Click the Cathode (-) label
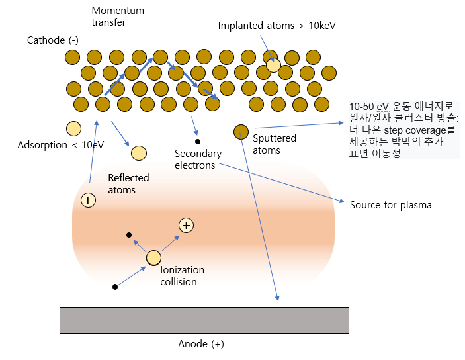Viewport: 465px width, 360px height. point(52,40)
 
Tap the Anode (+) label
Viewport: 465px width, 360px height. point(201,344)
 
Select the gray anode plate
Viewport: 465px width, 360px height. point(204,320)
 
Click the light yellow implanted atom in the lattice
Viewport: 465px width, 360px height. point(273,65)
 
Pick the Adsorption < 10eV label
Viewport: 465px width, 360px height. point(61,145)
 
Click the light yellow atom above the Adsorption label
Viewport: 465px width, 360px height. point(73,128)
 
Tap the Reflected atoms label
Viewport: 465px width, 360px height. point(128,183)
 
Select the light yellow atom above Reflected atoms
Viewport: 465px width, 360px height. point(138,154)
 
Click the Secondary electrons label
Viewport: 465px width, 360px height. point(198,159)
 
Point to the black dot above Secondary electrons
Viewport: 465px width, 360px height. point(197,141)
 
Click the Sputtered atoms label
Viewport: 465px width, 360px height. point(275,144)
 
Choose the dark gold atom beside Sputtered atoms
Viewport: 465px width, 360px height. point(241,132)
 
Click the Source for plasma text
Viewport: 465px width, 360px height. point(390,205)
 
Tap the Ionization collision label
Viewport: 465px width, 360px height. point(183,275)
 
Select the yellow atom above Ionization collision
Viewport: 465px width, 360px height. point(153,257)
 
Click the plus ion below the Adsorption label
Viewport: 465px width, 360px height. point(87,200)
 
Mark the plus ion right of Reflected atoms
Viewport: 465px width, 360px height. point(187,226)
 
